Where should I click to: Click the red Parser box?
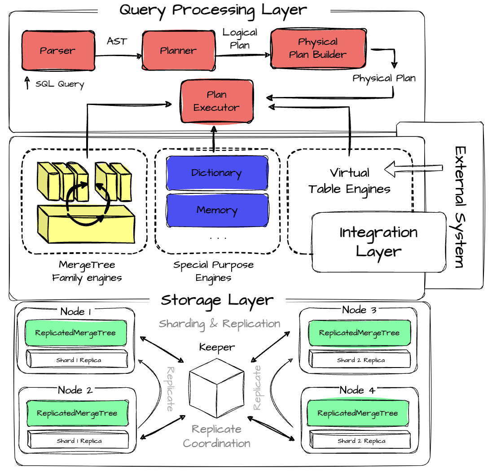[x=58, y=50]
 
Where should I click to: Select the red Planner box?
[x=178, y=50]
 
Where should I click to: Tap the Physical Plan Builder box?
[x=318, y=48]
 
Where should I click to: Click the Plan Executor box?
[x=217, y=101]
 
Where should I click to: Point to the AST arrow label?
[x=117, y=41]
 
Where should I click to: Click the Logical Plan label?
[x=240, y=39]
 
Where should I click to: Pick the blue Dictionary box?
[x=217, y=173]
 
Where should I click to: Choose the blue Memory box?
[x=217, y=210]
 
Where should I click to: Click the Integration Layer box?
[x=378, y=242]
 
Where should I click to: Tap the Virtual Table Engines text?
[x=350, y=181]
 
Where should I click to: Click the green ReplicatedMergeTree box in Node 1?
[x=75, y=333]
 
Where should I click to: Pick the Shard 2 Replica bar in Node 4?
[x=361, y=441]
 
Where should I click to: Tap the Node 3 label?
[x=359, y=310]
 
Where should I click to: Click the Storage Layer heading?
[x=217, y=300]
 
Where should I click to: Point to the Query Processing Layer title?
[x=213, y=10]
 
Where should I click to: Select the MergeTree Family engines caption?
[x=87, y=272]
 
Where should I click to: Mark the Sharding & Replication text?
[x=220, y=324]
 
